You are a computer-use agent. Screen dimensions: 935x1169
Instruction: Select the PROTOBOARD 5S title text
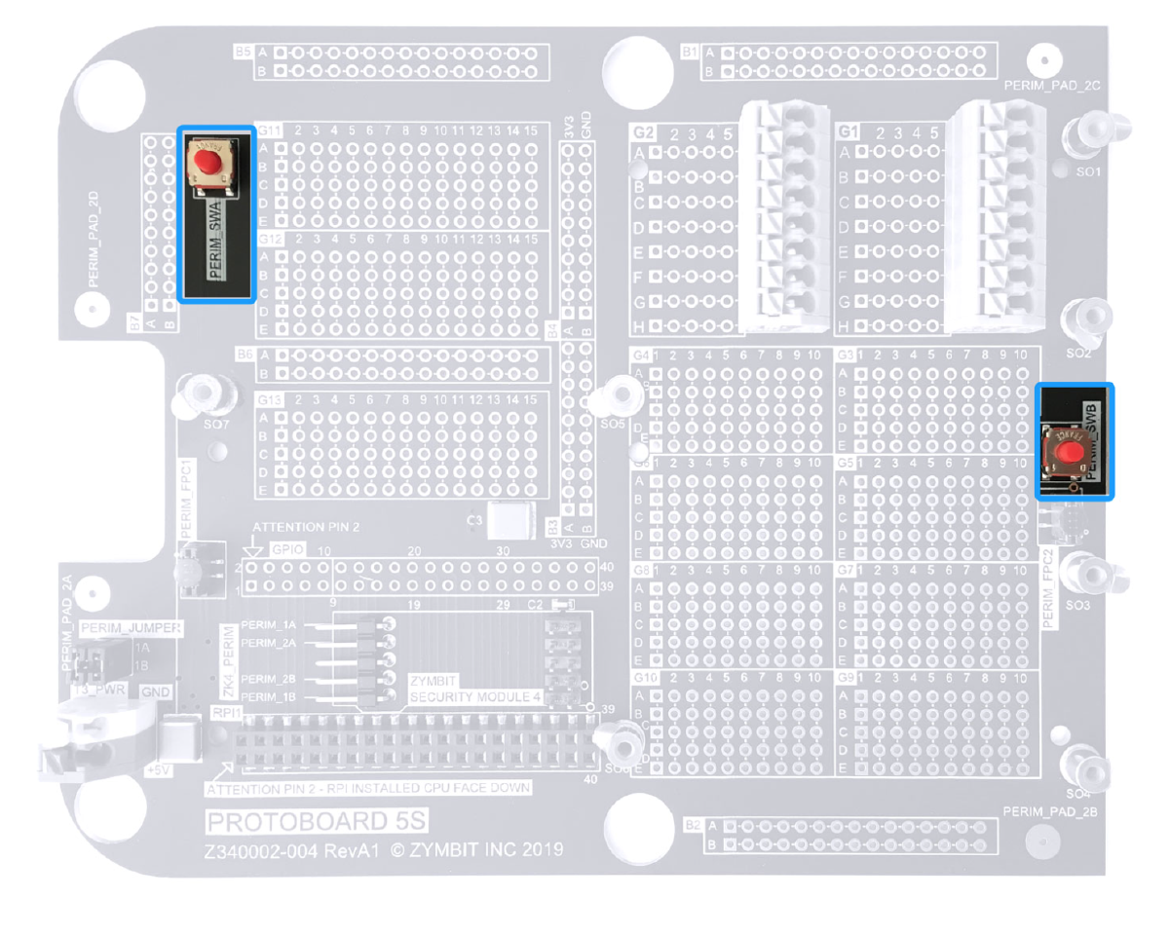[x=318, y=822]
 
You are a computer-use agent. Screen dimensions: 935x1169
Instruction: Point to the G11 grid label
[x=269, y=130]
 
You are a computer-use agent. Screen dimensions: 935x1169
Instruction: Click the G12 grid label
[x=269, y=239]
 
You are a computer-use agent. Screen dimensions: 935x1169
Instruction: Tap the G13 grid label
[x=269, y=400]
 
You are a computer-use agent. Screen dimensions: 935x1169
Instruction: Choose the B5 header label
[x=244, y=50]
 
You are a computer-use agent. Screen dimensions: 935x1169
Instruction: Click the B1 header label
[x=690, y=51]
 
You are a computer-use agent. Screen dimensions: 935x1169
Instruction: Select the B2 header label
[x=693, y=826]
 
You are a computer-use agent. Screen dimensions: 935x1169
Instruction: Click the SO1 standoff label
[x=1083, y=171]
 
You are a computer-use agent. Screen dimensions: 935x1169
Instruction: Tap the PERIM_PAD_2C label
[x=1052, y=86]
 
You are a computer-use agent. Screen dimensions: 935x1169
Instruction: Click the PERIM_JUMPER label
[x=132, y=628]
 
